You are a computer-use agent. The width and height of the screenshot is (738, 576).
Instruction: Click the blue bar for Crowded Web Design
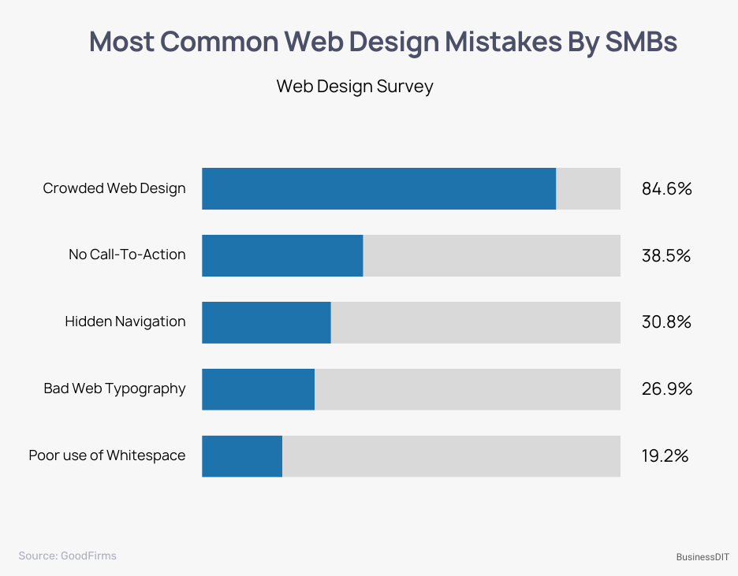click(378, 188)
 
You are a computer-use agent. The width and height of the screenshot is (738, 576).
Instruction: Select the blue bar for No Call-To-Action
click(282, 255)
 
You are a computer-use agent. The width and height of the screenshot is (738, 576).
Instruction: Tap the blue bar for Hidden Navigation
click(266, 322)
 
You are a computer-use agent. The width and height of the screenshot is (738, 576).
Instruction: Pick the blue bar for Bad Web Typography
click(258, 388)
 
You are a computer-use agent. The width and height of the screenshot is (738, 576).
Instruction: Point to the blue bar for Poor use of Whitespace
click(241, 455)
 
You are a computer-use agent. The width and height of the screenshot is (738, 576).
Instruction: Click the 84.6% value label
click(666, 189)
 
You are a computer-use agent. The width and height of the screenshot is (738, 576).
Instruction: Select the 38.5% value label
click(666, 255)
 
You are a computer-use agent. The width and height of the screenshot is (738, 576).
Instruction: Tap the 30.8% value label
click(666, 322)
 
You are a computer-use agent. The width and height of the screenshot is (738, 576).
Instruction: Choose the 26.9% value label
click(666, 388)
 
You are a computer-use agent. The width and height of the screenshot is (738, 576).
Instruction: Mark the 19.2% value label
click(665, 455)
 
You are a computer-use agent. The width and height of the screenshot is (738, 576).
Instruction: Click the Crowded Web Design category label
click(114, 188)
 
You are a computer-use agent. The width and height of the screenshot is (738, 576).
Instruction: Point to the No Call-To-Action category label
click(127, 255)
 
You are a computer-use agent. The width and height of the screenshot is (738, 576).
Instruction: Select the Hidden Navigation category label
click(125, 321)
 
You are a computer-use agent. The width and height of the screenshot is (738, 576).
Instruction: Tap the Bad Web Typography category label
click(114, 388)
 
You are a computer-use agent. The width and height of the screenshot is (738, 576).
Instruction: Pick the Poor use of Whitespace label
click(107, 455)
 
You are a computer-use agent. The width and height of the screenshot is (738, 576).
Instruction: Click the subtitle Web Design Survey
click(355, 87)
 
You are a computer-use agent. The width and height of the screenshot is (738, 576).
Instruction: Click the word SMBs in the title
click(640, 42)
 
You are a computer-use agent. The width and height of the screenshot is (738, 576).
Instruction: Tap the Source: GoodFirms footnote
click(67, 556)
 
